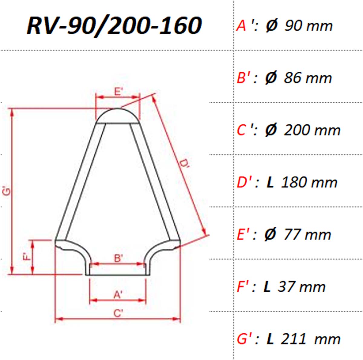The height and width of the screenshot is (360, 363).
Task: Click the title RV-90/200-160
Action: click(114, 26)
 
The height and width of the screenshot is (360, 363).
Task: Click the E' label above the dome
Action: click(119, 92)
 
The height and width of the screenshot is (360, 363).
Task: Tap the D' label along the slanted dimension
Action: click(184, 164)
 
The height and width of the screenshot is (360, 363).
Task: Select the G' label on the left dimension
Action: click(7, 191)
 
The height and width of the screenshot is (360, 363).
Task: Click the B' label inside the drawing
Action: click(119, 258)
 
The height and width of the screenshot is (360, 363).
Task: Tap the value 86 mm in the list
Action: click(308, 78)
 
